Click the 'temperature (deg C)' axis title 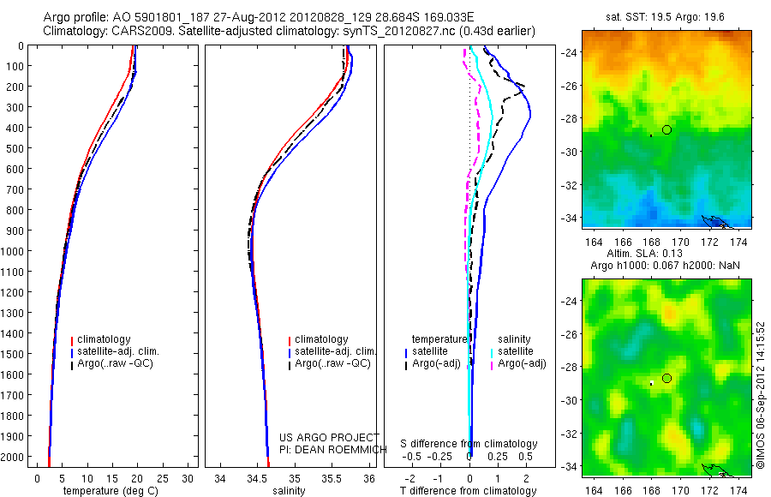pyautogui.click(x=110, y=491)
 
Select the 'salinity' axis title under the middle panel pyautogui.click(x=289, y=491)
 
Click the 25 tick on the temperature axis pyautogui.click(x=163, y=477)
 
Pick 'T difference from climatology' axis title pyautogui.click(x=469, y=491)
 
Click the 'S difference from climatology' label pyautogui.click(x=469, y=444)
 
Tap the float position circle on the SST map pyautogui.click(x=666, y=129)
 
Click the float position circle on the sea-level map pyautogui.click(x=666, y=379)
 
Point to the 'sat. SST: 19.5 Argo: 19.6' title pyautogui.click(x=666, y=16)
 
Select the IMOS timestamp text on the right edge pyautogui.click(x=759, y=393)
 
